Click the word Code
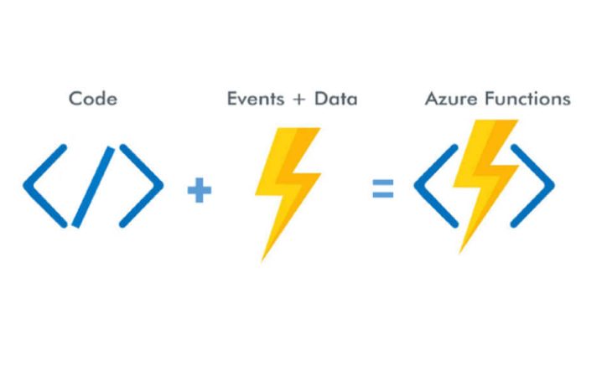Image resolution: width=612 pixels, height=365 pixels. [93, 99]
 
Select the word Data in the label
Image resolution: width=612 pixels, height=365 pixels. [335, 99]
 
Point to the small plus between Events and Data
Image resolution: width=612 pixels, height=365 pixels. [293, 100]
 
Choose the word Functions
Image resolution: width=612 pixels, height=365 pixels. [528, 99]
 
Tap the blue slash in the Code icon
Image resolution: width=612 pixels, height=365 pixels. [93, 186]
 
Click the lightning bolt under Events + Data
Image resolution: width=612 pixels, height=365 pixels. [287, 184]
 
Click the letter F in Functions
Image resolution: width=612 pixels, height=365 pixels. [492, 99]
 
